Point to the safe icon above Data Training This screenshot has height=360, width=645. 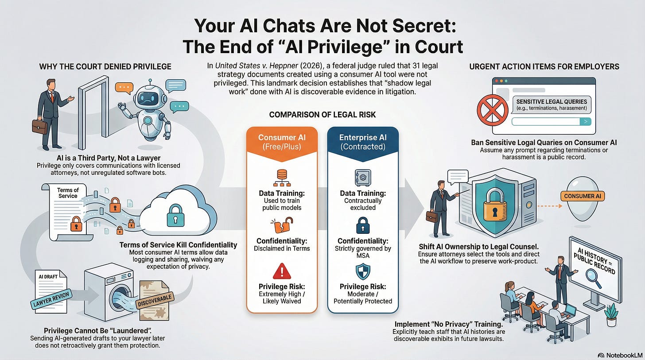(362, 178)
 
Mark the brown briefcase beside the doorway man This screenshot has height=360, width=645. (39, 126)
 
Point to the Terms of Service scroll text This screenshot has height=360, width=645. (67, 193)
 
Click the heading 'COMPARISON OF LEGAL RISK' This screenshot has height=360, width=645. (322, 115)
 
